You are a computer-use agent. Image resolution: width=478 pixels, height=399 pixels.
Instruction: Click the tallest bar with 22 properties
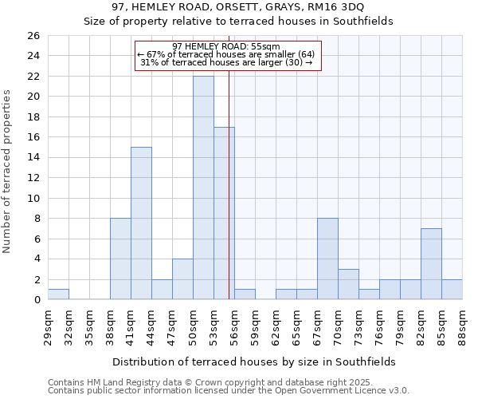tap(203, 188)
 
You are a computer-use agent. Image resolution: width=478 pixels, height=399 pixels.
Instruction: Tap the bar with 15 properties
tap(141, 223)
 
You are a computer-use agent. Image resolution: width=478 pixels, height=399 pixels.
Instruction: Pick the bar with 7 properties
tap(431, 264)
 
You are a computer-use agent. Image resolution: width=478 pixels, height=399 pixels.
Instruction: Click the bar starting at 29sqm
tap(58, 294)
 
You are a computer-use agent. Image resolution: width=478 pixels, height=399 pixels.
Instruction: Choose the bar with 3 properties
tap(348, 284)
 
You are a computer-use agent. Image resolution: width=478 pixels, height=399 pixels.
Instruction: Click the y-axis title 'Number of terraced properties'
tap(7, 171)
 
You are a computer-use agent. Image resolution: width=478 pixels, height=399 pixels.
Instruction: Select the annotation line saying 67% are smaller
tap(227, 54)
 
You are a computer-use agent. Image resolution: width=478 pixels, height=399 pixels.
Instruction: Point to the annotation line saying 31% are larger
tap(227, 62)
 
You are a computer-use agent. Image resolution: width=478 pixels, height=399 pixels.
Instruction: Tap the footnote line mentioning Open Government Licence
tap(229, 390)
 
